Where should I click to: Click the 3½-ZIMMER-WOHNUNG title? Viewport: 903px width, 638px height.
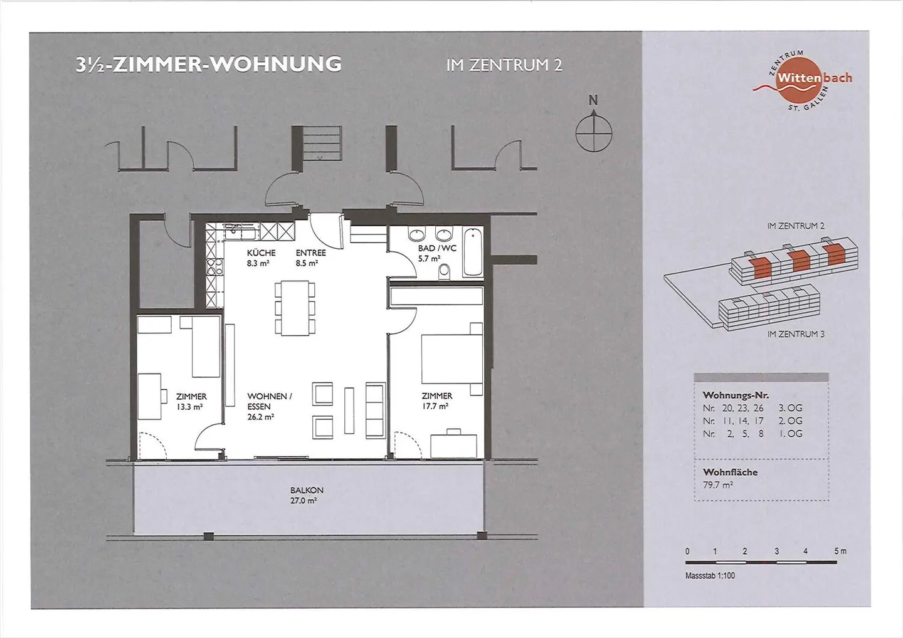[x=208, y=65]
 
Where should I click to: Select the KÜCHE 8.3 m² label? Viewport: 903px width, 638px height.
[x=261, y=258]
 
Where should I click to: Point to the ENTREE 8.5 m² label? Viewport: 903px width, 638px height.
[x=310, y=258]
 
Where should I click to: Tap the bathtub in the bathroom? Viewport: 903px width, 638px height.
[x=473, y=252]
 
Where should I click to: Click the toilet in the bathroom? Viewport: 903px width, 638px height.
[x=445, y=271]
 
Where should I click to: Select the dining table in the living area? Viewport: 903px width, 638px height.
[x=295, y=308]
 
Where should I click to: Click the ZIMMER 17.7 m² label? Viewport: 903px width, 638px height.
[x=436, y=400]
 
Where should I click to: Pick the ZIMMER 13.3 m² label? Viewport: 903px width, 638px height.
[x=191, y=401]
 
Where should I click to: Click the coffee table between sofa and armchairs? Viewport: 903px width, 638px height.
[x=349, y=411]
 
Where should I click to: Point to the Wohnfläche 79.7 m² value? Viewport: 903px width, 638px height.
[x=718, y=485]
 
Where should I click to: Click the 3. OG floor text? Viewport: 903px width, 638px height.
[x=790, y=408]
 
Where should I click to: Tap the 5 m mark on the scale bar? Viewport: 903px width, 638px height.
[x=839, y=551]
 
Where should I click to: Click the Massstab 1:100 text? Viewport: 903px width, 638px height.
[x=710, y=575]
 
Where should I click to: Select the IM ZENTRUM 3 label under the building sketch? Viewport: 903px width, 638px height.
[x=795, y=334]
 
